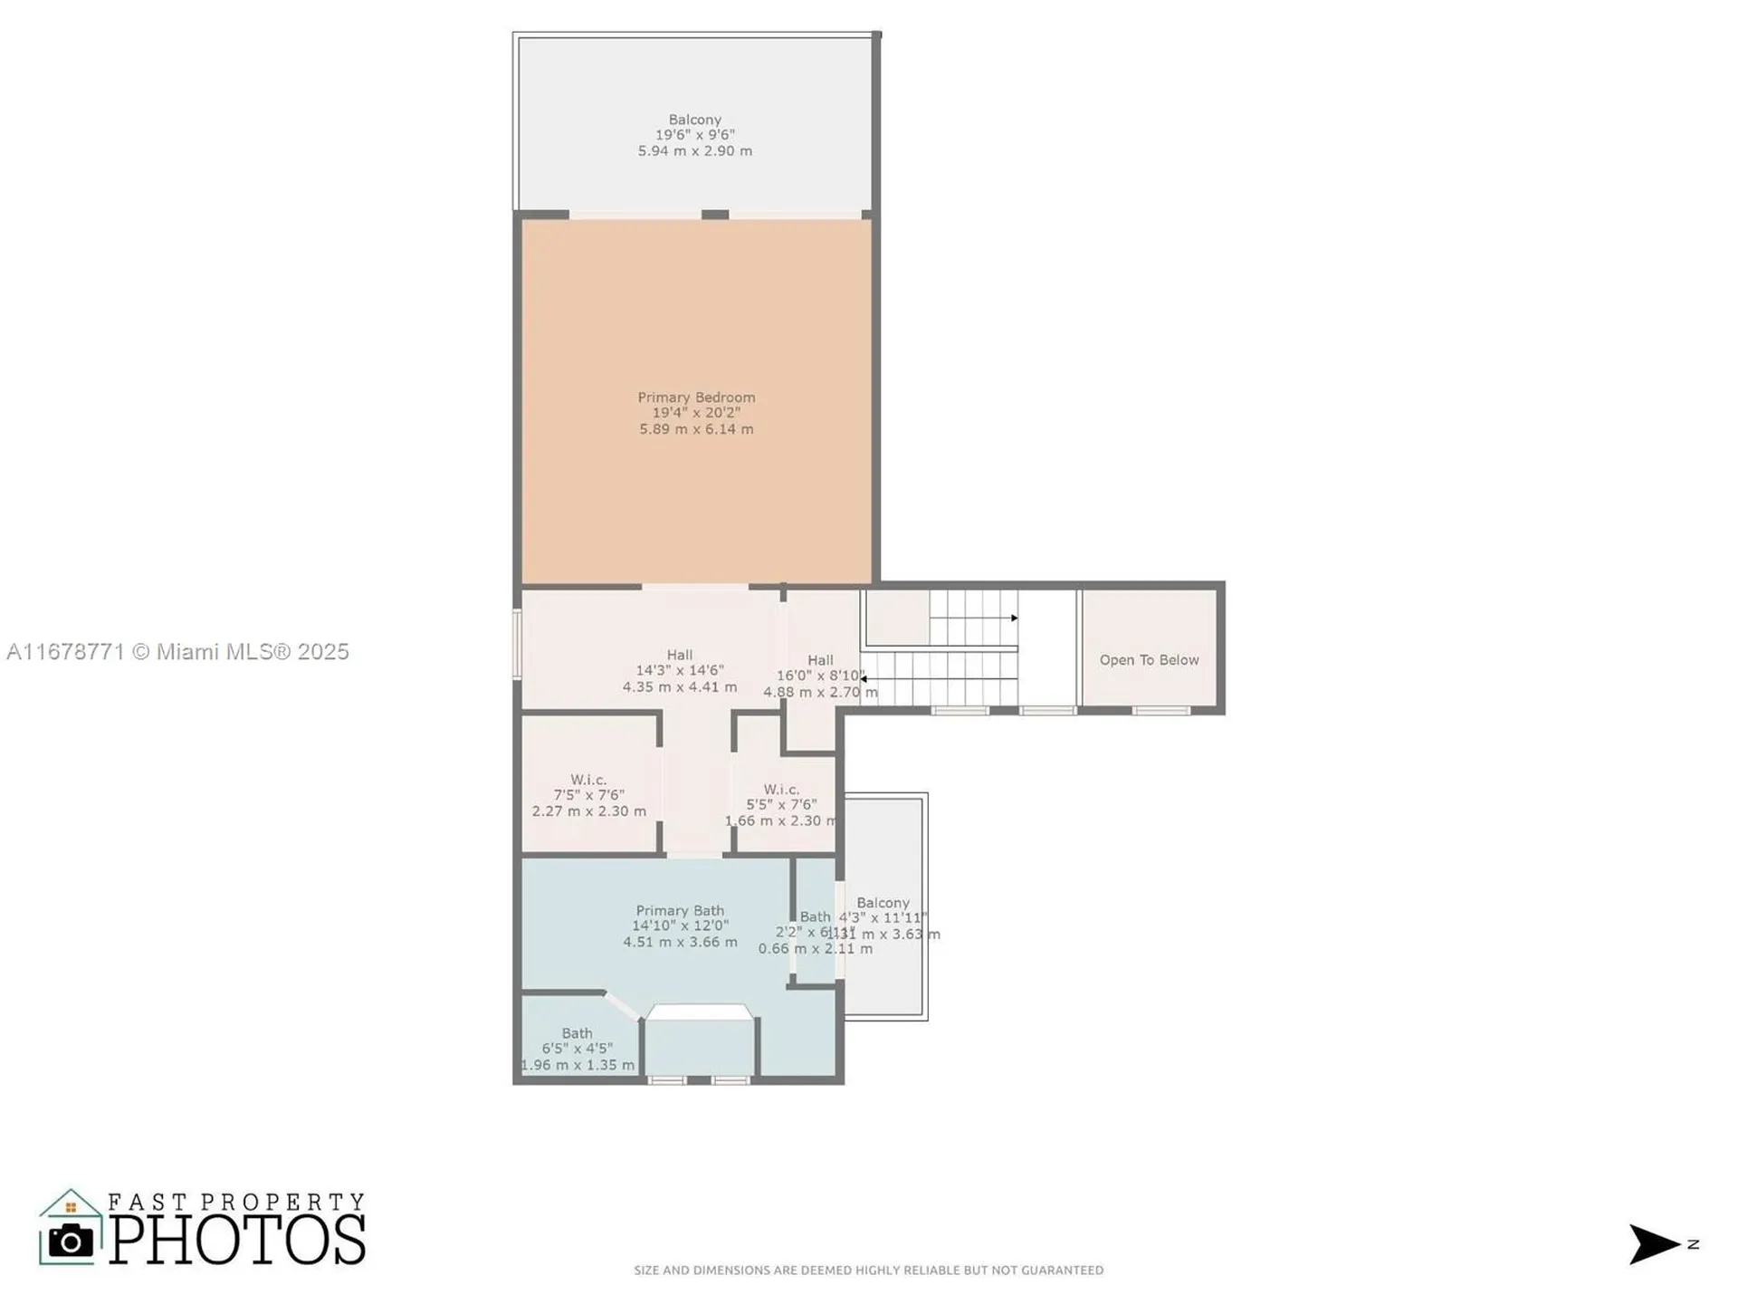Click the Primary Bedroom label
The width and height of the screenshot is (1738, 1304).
(695, 397)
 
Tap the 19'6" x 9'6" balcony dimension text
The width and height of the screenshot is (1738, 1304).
(694, 135)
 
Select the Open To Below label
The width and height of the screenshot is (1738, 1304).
(1149, 659)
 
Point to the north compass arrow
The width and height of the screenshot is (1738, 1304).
(1653, 1244)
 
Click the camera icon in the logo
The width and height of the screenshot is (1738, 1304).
(71, 1241)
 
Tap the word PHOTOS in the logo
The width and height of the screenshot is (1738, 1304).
(238, 1240)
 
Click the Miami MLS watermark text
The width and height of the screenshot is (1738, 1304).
(177, 651)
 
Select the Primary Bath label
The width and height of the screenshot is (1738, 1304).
(679, 910)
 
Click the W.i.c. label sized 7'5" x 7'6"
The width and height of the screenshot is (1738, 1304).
(588, 780)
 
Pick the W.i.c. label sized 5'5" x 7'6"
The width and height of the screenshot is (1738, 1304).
(780, 790)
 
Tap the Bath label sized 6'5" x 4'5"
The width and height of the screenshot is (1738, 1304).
(577, 1033)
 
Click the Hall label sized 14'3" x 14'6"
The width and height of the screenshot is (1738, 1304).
(679, 655)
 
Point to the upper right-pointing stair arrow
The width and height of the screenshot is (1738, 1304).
(1014, 618)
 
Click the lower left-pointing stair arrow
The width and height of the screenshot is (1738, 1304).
(864, 678)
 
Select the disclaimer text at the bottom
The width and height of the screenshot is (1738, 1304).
(868, 1270)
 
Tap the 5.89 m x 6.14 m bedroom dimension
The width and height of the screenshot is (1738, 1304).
(695, 429)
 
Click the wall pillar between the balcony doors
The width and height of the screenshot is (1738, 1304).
(715, 215)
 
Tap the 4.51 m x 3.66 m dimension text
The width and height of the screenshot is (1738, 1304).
(679, 942)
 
